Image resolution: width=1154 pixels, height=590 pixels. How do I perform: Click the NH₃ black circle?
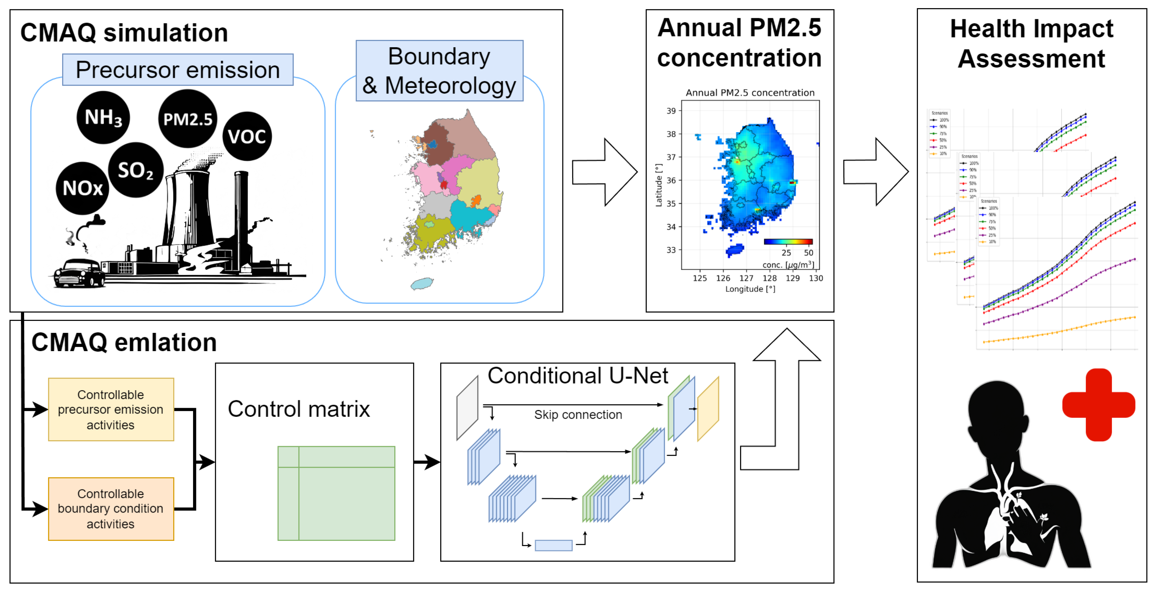coord(103,117)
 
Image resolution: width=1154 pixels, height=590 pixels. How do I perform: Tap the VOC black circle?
coord(247,136)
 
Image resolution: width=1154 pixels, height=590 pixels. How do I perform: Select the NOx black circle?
coord(82,188)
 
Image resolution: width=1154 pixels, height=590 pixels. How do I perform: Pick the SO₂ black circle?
coord(136,170)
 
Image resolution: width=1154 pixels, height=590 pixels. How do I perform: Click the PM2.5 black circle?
coord(188,119)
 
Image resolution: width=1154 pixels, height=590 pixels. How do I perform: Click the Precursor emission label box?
coord(178,70)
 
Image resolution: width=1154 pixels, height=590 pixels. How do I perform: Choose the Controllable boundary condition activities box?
coord(111,509)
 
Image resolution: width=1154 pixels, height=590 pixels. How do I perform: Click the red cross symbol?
coord(1098,405)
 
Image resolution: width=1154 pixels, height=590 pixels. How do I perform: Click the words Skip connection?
coord(578,415)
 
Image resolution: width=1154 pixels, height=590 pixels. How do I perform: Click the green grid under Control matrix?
coord(336,493)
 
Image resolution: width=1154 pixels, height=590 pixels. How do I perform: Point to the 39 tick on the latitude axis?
coord(671,111)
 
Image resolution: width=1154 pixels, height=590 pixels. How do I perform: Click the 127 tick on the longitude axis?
coord(746,278)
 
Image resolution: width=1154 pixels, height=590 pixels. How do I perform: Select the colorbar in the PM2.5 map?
coord(788,242)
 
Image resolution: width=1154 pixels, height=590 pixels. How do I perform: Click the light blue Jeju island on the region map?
coord(422,283)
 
